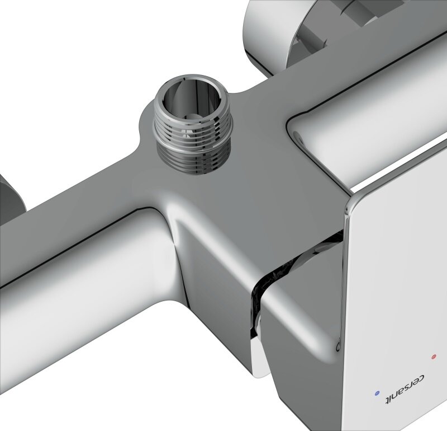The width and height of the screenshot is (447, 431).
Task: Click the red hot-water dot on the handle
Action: [x=434, y=357]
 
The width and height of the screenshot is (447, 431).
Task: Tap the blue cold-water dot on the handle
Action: [x=377, y=393]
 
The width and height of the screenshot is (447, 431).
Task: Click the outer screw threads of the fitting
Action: [x=194, y=146]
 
